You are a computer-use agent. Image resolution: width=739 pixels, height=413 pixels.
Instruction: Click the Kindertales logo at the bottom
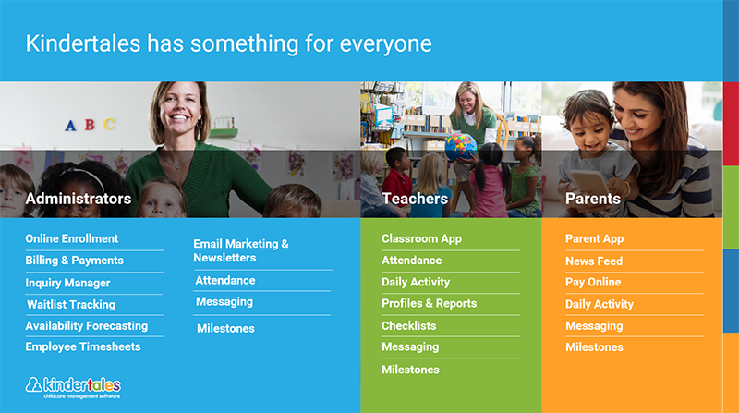[x=73, y=387]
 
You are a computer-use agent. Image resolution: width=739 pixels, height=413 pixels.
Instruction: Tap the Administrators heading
[x=79, y=199]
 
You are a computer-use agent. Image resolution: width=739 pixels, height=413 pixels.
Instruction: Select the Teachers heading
[x=415, y=199]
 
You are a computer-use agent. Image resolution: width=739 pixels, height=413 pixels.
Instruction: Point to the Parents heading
[x=593, y=199]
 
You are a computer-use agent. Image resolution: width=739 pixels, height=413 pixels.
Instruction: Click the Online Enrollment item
[x=72, y=238]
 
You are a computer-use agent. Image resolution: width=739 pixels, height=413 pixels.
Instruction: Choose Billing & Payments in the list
[x=75, y=261]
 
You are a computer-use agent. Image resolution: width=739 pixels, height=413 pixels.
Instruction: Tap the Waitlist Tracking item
[x=71, y=305]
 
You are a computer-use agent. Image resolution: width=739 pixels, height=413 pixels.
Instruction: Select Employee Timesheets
[x=83, y=346]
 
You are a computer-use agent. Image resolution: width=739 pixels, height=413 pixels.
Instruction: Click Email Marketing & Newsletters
[x=241, y=250]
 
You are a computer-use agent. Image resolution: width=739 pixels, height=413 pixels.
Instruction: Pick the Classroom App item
[x=422, y=238]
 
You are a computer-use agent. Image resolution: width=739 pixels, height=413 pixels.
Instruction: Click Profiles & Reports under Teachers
[x=430, y=303]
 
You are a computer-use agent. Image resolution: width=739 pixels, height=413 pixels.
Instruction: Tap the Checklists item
[x=408, y=326]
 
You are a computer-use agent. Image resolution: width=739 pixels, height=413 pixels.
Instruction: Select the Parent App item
[x=594, y=238]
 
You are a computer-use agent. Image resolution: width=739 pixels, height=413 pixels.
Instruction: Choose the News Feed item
[x=594, y=261]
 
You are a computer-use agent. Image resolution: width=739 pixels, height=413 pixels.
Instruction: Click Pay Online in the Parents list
[x=593, y=282]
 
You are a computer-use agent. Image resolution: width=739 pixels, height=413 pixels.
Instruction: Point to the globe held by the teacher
[x=460, y=147]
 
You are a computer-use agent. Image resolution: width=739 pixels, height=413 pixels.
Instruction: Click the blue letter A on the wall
[x=70, y=126]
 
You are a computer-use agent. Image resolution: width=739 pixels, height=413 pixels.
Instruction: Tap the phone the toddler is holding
[x=589, y=184]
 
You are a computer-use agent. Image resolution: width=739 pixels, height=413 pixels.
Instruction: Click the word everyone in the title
[x=385, y=43]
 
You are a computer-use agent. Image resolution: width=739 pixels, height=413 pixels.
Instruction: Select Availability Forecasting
[x=87, y=326]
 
